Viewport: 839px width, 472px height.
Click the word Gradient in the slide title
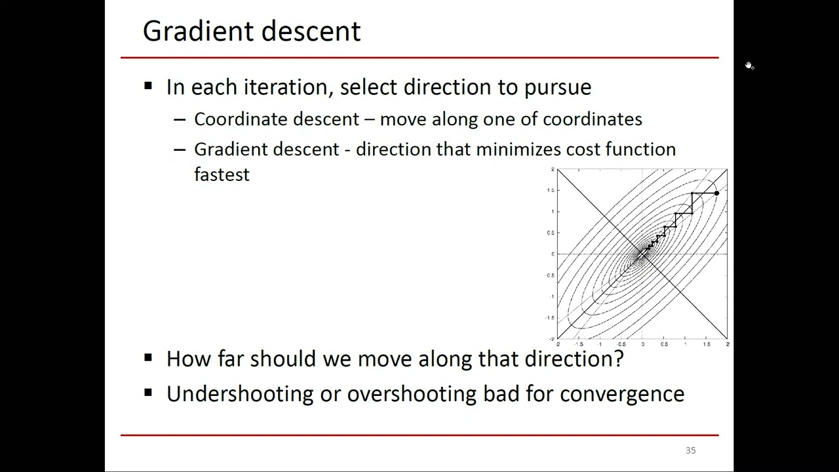tap(195, 31)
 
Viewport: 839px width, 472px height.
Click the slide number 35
tap(690, 450)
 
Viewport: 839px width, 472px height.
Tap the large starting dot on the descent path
tap(716, 193)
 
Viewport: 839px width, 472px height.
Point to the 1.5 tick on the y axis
tap(551, 190)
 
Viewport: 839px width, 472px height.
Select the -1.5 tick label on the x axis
tap(578, 344)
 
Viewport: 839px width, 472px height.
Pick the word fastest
tap(222, 174)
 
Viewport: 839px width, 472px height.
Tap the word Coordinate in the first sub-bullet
tap(241, 119)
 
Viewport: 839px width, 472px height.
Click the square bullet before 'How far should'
tap(148, 357)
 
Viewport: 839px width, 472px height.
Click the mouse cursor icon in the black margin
tap(749, 66)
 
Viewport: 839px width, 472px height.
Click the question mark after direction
tap(619, 359)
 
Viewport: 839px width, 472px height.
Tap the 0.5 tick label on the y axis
tap(551, 233)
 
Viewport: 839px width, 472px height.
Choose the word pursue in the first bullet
tap(557, 88)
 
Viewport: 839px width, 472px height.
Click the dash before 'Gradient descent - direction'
tap(180, 149)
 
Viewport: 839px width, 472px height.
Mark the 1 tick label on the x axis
tap(685, 344)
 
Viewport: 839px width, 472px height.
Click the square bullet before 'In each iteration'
tap(148, 86)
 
